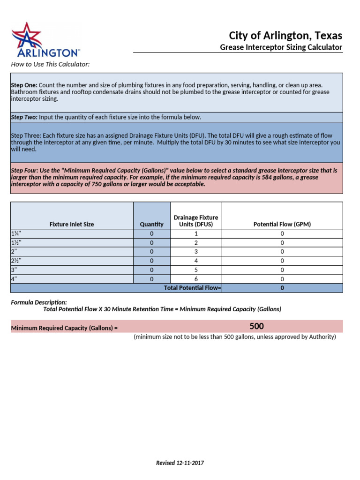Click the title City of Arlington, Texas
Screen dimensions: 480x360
click(285, 36)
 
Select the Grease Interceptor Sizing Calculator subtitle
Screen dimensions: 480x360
click(281, 47)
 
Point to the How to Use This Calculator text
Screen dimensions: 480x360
click(50, 64)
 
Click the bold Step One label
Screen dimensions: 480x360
click(24, 85)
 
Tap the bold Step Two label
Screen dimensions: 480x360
click(24, 117)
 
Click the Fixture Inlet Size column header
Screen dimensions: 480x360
click(72, 225)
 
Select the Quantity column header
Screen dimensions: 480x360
click(151, 225)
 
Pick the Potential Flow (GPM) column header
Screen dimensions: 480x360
click(282, 225)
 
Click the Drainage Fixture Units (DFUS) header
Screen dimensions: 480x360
click(196, 221)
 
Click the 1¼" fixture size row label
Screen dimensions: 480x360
click(16, 234)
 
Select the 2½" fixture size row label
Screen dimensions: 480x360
click(16, 261)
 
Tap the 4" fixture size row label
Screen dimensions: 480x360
click(14, 279)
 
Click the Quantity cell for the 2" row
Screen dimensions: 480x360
click(151, 252)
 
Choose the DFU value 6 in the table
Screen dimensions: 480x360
click(196, 279)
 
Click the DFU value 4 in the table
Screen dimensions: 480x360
click(196, 261)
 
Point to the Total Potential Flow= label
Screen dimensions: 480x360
click(192, 288)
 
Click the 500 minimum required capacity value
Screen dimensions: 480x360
click(256, 326)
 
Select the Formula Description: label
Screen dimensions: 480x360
click(39, 302)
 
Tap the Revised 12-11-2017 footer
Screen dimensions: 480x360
click(180, 463)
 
